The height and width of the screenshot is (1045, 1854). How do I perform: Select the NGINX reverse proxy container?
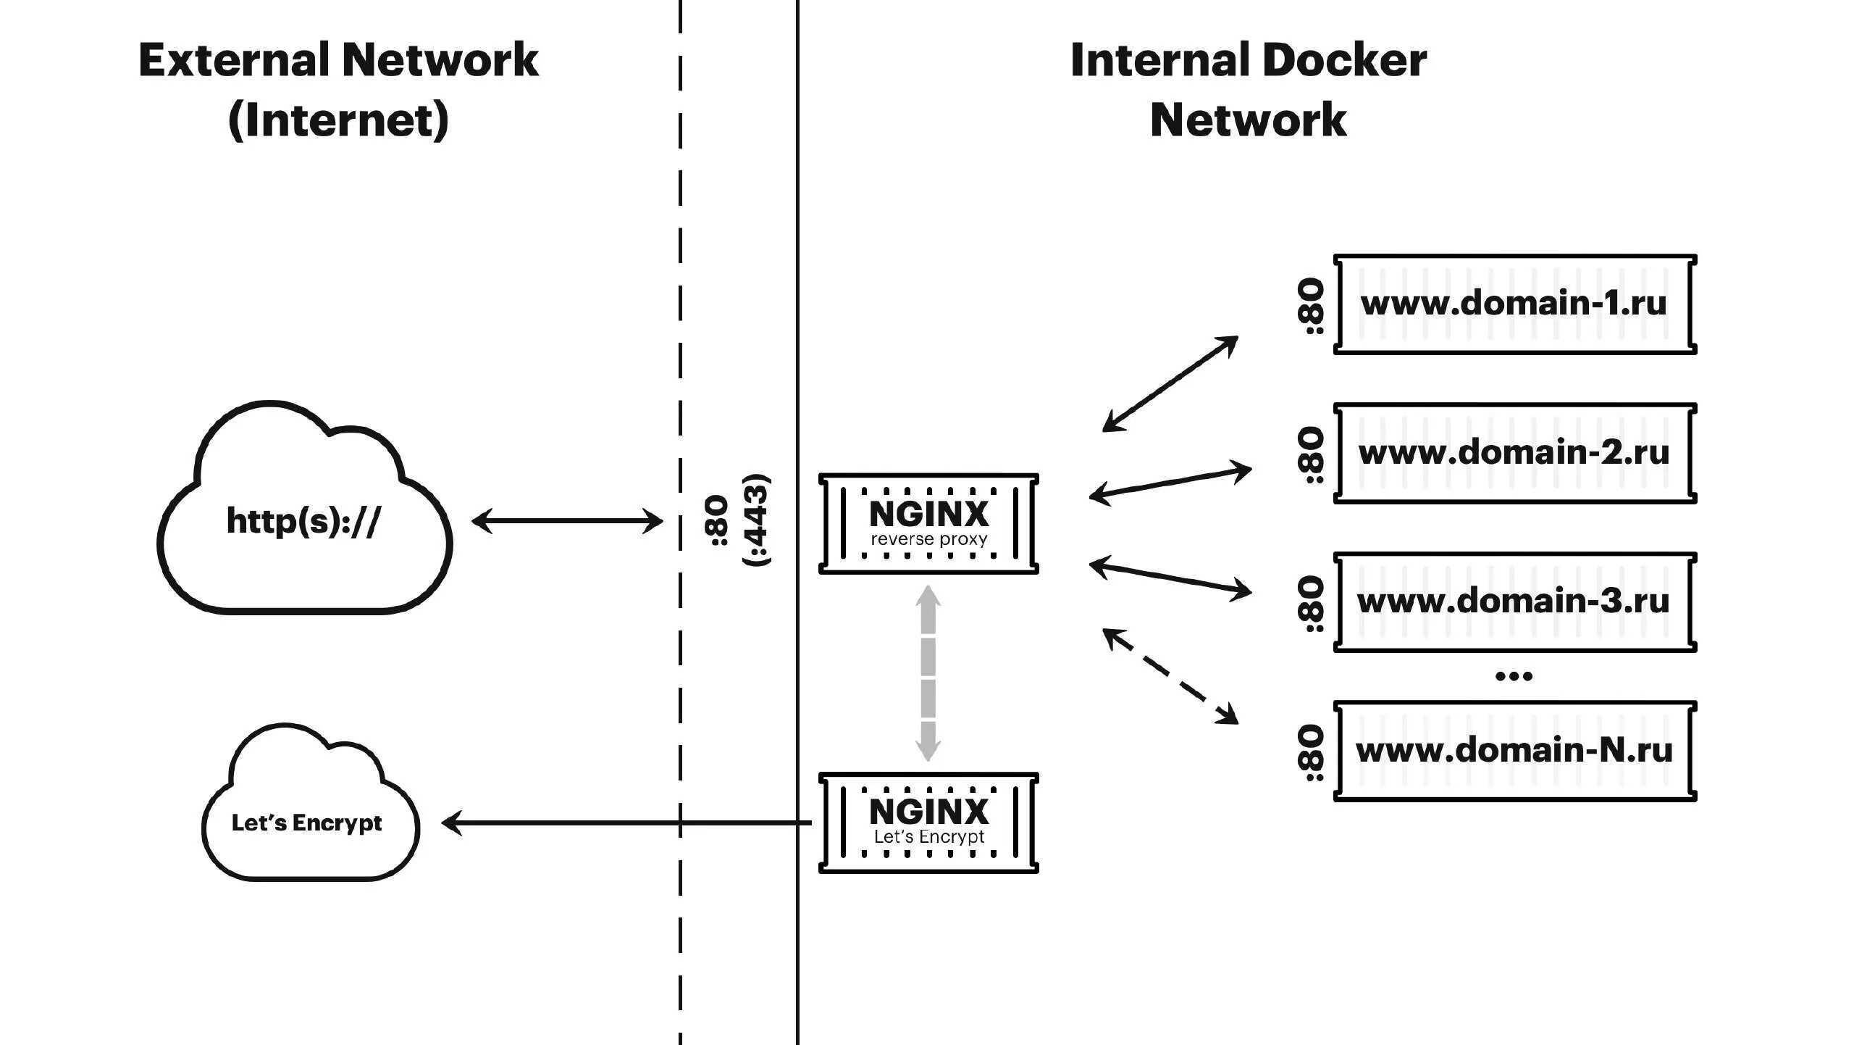coord(928,523)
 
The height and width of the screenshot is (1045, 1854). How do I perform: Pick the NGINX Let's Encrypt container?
coord(928,823)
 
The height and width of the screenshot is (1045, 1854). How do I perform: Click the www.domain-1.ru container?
coord(1514,304)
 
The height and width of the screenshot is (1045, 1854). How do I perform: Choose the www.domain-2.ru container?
coord(1514,453)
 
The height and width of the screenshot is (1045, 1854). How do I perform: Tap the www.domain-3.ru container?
coord(1514,601)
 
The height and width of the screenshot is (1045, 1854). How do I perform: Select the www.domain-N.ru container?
coord(1514,750)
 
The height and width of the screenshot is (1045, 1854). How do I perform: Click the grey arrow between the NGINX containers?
coord(928,674)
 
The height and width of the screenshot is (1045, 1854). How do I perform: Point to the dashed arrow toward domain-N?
coord(1170,675)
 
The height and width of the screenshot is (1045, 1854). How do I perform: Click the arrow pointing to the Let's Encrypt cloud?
coord(626,823)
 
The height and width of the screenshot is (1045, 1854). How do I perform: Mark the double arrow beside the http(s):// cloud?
coord(567,521)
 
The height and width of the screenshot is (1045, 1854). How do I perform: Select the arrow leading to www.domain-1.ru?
coord(1170,383)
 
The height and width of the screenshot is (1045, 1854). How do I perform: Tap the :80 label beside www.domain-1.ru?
coord(1312,306)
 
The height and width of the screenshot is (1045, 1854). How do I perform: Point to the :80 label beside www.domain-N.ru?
coord(1312,754)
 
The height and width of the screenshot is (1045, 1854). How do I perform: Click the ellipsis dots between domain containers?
coord(1514,676)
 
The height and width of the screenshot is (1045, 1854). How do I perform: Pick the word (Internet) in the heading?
coord(338,120)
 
